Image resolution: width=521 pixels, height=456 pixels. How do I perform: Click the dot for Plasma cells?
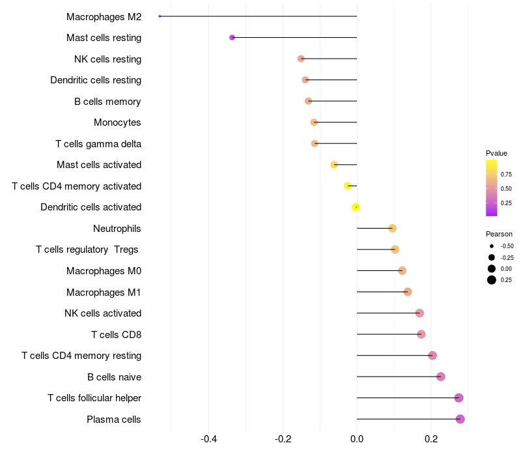click(460, 419)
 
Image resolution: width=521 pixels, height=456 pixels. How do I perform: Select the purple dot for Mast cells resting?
click(232, 38)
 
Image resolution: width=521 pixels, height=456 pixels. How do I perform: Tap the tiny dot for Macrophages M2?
click(160, 16)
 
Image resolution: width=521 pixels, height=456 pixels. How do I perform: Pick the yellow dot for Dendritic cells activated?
click(356, 207)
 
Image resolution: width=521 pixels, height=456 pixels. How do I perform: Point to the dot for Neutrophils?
click(392, 228)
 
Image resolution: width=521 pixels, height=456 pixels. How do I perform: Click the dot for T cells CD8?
click(421, 334)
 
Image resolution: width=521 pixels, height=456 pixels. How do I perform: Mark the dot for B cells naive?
click(441, 377)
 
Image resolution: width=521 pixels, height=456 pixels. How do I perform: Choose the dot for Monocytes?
click(314, 122)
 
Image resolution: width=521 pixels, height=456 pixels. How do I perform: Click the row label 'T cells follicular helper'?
click(94, 398)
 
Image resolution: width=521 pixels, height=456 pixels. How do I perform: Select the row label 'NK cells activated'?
click(103, 313)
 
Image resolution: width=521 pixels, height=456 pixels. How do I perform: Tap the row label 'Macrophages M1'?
click(104, 292)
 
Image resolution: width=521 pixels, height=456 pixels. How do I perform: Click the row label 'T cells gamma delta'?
click(98, 144)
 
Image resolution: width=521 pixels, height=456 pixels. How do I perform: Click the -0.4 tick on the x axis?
click(208, 439)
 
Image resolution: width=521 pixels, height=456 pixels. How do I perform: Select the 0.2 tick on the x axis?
click(431, 439)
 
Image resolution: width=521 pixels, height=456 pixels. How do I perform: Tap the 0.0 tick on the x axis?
click(357, 439)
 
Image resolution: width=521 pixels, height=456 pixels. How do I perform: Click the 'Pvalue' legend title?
click(496, 153)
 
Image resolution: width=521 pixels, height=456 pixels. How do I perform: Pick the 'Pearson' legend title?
click(499, 234)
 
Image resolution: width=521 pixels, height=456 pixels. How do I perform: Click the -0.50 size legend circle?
click(492, 246)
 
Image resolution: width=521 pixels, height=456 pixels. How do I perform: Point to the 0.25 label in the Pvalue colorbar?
click(506, 203)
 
